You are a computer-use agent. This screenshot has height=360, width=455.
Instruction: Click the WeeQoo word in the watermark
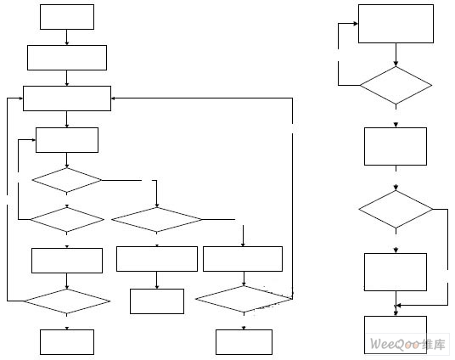click(395, 345)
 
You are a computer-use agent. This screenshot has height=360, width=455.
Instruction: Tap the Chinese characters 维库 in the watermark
click(433, 345)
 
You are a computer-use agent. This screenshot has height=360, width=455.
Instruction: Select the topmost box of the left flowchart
click(67, 17)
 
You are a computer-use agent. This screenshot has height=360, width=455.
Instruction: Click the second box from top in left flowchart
click(67, 58)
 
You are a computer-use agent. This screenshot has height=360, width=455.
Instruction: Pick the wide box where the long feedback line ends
click(67, 98)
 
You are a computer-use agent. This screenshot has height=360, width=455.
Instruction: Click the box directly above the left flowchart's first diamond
click(67, 140)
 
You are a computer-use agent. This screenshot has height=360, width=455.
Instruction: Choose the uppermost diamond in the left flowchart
click(67, 180)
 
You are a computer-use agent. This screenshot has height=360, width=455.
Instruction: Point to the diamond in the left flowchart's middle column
click(157, 220)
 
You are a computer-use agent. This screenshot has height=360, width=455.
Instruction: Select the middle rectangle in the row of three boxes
click(157, 259)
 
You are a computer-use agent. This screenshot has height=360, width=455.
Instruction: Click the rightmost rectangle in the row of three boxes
click(243, 259)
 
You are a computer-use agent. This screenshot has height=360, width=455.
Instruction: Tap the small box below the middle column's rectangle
click(157, 301)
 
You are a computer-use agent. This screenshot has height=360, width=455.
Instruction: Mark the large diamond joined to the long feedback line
click(244, 299)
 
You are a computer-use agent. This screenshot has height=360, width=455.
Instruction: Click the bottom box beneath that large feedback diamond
click(244, 342)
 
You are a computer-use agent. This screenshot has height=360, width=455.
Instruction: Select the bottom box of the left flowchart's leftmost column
click(67, 342)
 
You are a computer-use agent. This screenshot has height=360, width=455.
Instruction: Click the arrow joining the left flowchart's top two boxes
click(67, 37)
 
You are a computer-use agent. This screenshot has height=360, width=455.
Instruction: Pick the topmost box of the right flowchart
click(396, 24)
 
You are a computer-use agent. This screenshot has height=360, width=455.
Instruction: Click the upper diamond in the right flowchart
click(396, 86)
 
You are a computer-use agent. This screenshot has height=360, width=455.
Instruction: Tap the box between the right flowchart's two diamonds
click(396, 146)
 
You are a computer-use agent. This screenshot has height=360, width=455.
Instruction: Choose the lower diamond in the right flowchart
click(396, 209)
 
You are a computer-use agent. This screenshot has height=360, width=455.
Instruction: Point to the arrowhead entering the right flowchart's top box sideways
click(356, 24)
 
